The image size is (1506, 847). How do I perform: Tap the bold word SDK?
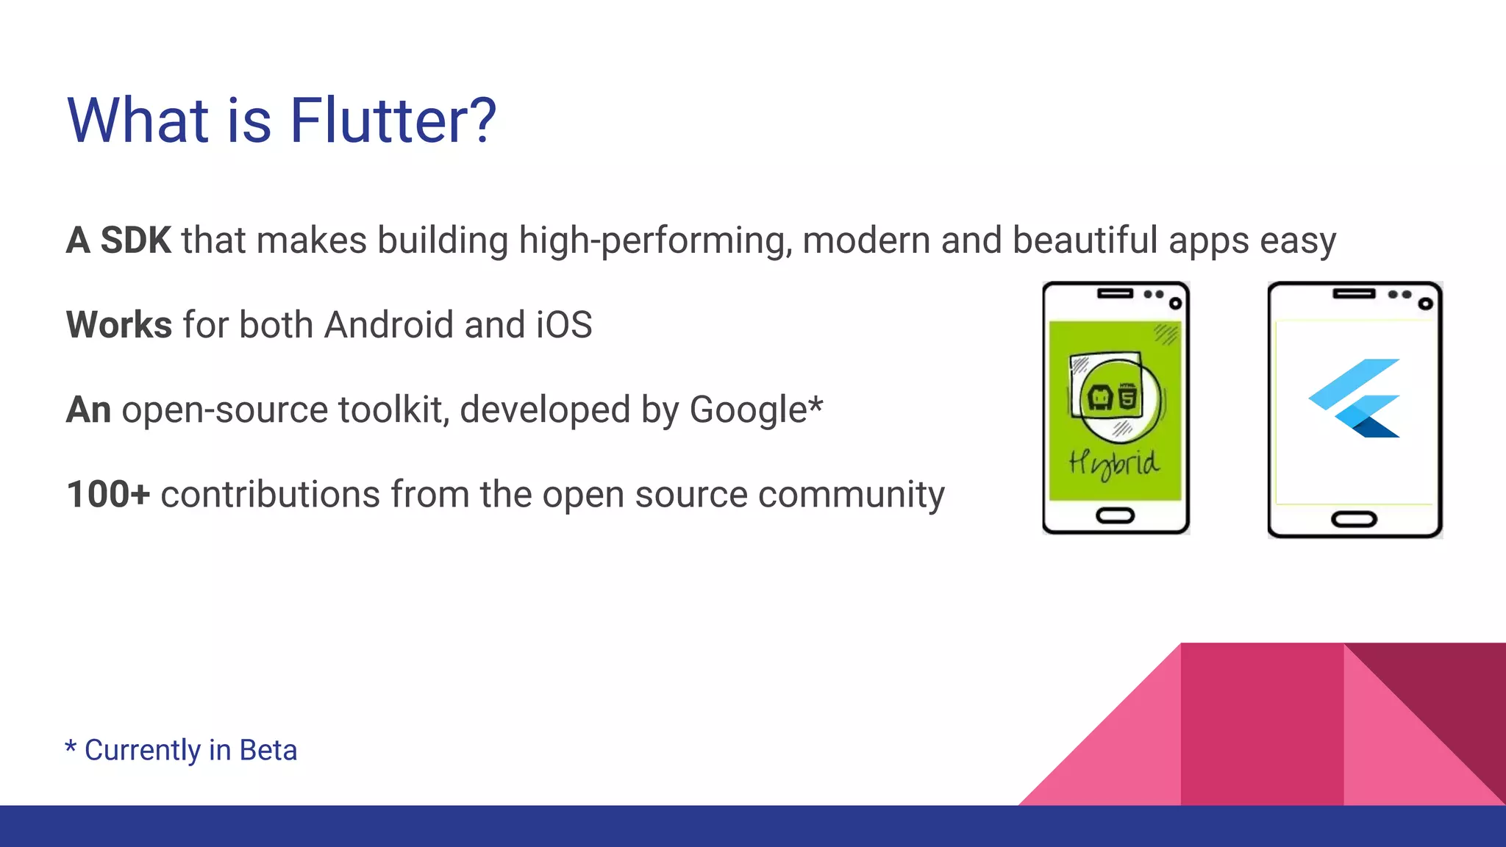click(135, 240)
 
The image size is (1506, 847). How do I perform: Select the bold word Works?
click(119, 325)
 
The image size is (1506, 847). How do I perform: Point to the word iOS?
click(564, 325)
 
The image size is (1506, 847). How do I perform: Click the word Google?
click(748, 410)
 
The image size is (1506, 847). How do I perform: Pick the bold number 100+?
click(108, 494)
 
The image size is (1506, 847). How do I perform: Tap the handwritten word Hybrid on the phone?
click(1114, 464)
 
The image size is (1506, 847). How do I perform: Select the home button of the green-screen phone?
click(1116, 515)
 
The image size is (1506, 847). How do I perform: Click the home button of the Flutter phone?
click(1354, 520)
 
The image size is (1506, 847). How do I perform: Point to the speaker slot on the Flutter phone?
click(1354, 294)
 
